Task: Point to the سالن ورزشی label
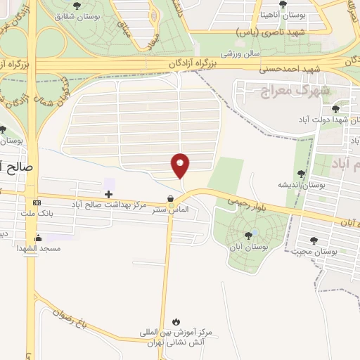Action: coord(241,53)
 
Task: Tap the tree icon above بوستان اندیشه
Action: coord(302,173)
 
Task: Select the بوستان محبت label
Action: coord(333,251)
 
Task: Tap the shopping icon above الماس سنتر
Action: coord(170,198)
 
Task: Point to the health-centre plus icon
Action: coord(108,193)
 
